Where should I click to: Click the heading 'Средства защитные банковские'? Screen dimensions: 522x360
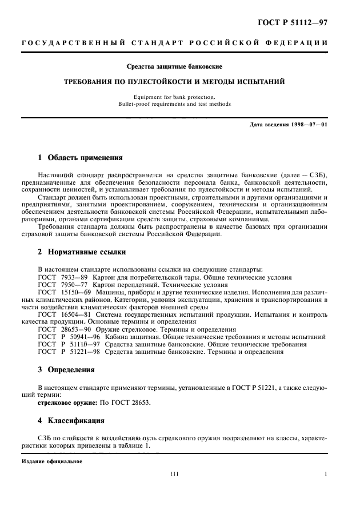[x=174, y=67]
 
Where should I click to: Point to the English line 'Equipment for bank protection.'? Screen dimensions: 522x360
[x=174, y=97]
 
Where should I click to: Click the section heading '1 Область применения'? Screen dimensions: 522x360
[x=80, y=157]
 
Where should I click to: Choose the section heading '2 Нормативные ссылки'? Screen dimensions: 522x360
[x=82, y=252]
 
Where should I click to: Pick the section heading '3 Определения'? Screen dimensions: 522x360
[x=67, y=369]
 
